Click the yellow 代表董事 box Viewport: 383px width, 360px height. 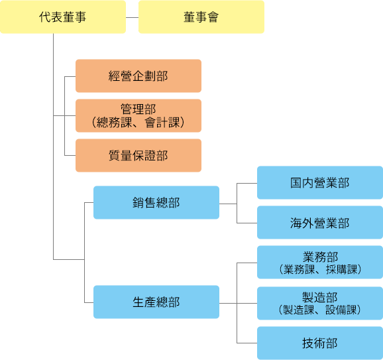pos(63,17)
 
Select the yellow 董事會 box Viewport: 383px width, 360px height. pos(201,17)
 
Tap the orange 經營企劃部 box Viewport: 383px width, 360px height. pos(138,76)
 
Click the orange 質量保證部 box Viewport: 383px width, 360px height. pos(138,155)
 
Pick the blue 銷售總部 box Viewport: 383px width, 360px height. pos(156,202)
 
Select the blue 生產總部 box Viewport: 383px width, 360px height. pos(156,302)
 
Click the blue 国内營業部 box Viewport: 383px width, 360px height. pos(319,182)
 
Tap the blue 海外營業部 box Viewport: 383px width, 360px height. pos(319,223)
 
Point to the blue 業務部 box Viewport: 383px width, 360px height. pos(319,263)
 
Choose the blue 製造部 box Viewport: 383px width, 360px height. pos(319,303)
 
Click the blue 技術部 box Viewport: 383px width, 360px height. pos(319,343)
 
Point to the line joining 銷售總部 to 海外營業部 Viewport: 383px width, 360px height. pos(246,223)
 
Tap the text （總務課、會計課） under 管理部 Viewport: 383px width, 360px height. pos(138,123)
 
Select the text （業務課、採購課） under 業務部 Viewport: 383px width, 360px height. pos(319,270)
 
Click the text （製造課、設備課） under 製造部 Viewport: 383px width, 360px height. pos(319,310)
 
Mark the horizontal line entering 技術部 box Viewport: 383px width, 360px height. pos(246,343)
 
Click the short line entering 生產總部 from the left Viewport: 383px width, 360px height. pos(89,302)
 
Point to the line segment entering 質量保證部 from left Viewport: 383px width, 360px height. pos(70,155)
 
